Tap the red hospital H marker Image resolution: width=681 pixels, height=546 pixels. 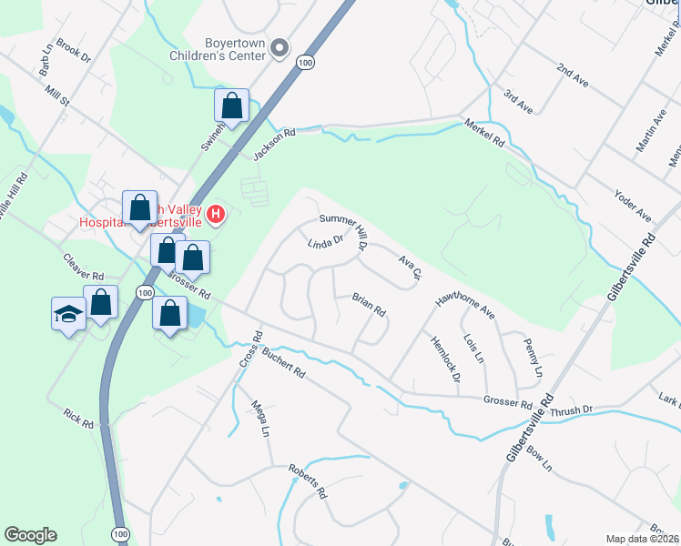click(x=216, y=216)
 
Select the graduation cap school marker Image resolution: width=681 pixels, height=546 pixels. click(x=69, y=315)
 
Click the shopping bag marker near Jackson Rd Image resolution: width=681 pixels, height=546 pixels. click(x=232, y=106)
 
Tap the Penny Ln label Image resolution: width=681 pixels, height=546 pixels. click(x=533, y=358)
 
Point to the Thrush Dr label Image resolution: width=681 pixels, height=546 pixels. click(x=571, y=411)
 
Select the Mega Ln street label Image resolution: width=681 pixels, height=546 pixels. click(x=261, y=419)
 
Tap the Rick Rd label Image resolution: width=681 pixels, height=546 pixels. click(x=79, y=418)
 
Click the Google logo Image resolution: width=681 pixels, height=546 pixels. click(x=30, y=535)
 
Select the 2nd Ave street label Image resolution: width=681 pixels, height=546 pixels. click(x=574, y=76)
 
